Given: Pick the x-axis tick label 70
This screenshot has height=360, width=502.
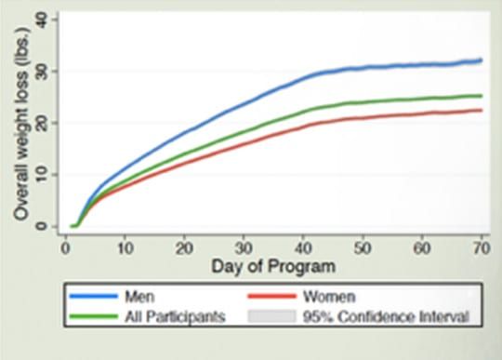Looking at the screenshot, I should (481, 248).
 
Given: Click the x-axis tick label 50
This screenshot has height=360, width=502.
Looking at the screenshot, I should (362, 248).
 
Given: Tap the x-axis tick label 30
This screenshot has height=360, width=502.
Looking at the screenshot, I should (243, 248).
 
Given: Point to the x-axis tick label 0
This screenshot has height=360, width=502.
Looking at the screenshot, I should (64, 248).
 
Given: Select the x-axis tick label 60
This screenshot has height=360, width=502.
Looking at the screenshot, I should (421, 248).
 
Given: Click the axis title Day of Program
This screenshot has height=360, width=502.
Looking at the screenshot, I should (272, 269).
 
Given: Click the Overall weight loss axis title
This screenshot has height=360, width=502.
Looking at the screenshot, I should (21, 121).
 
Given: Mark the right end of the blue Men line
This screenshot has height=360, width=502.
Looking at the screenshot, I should (482, 60).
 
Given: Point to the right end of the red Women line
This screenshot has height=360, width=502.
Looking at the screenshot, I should (482, 111).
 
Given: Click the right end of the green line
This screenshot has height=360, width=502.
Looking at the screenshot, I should (482, 96).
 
